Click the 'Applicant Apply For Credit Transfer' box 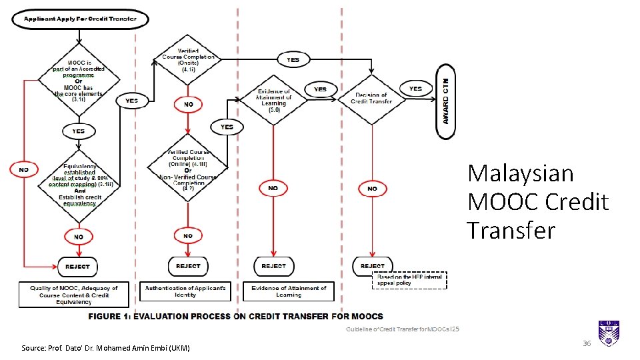[x=80, y=19]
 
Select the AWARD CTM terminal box [x=445, y=101]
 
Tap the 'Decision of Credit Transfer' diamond [x=371, y=98]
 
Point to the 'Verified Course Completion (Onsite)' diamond [x=188, y=60]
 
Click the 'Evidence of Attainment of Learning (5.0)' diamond [x=273, y=100]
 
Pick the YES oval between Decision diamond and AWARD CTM [x=415, y=88]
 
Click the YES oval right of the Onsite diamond [x=293, y=59]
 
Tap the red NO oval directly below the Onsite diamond [x=189, y=105]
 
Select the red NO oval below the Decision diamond [x=371, y=189]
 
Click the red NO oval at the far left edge [x=24, y=170]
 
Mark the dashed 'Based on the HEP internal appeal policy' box [x=409, y=280]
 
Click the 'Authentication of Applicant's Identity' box [x=185, y=291]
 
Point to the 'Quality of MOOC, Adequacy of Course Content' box [x=73, y=294]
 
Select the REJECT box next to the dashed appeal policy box [x=373, y=266]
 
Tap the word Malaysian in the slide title [x=520, y=173]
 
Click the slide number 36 [x=587, y=343]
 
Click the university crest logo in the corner [x=609, y=333]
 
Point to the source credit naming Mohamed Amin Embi [x=105, y=348]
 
